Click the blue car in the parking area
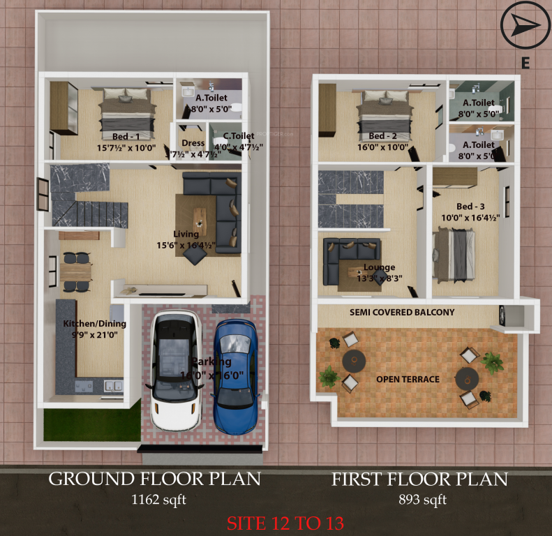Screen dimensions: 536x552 [235, 375]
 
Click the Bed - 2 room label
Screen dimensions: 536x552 [382, 135]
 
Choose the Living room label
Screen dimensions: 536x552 [186, 234]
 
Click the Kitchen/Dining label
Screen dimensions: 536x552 [95, 324]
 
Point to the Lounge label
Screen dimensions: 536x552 [379, 267]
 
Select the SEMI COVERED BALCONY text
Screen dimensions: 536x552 [402, 313]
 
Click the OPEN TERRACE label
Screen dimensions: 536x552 [408, 379]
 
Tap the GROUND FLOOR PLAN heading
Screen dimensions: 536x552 [154, 479]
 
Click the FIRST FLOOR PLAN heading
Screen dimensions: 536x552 [419, 479]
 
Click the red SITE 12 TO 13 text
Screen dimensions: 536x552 [284, 522]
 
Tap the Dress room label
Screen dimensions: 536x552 [193, 143]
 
